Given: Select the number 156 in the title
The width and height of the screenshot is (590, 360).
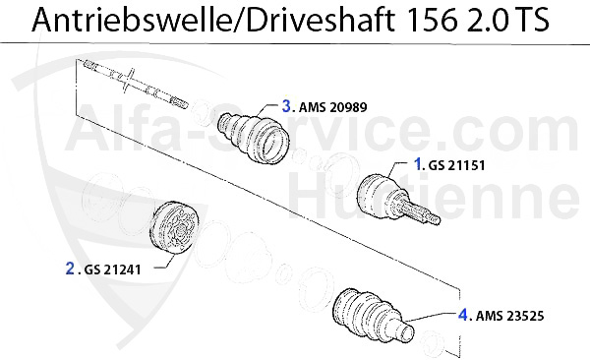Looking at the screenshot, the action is [433, 20].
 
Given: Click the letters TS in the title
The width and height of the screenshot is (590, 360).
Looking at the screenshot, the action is [532, 20].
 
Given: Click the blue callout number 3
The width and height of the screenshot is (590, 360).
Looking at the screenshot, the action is [287, 106].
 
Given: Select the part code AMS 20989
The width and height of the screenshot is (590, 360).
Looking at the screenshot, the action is [333, 107].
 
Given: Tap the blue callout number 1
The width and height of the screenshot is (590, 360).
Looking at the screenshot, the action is [418, 164].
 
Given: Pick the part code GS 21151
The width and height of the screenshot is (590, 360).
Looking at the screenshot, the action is [457, 165].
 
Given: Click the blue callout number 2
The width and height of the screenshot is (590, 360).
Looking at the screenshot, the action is [70, 269].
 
